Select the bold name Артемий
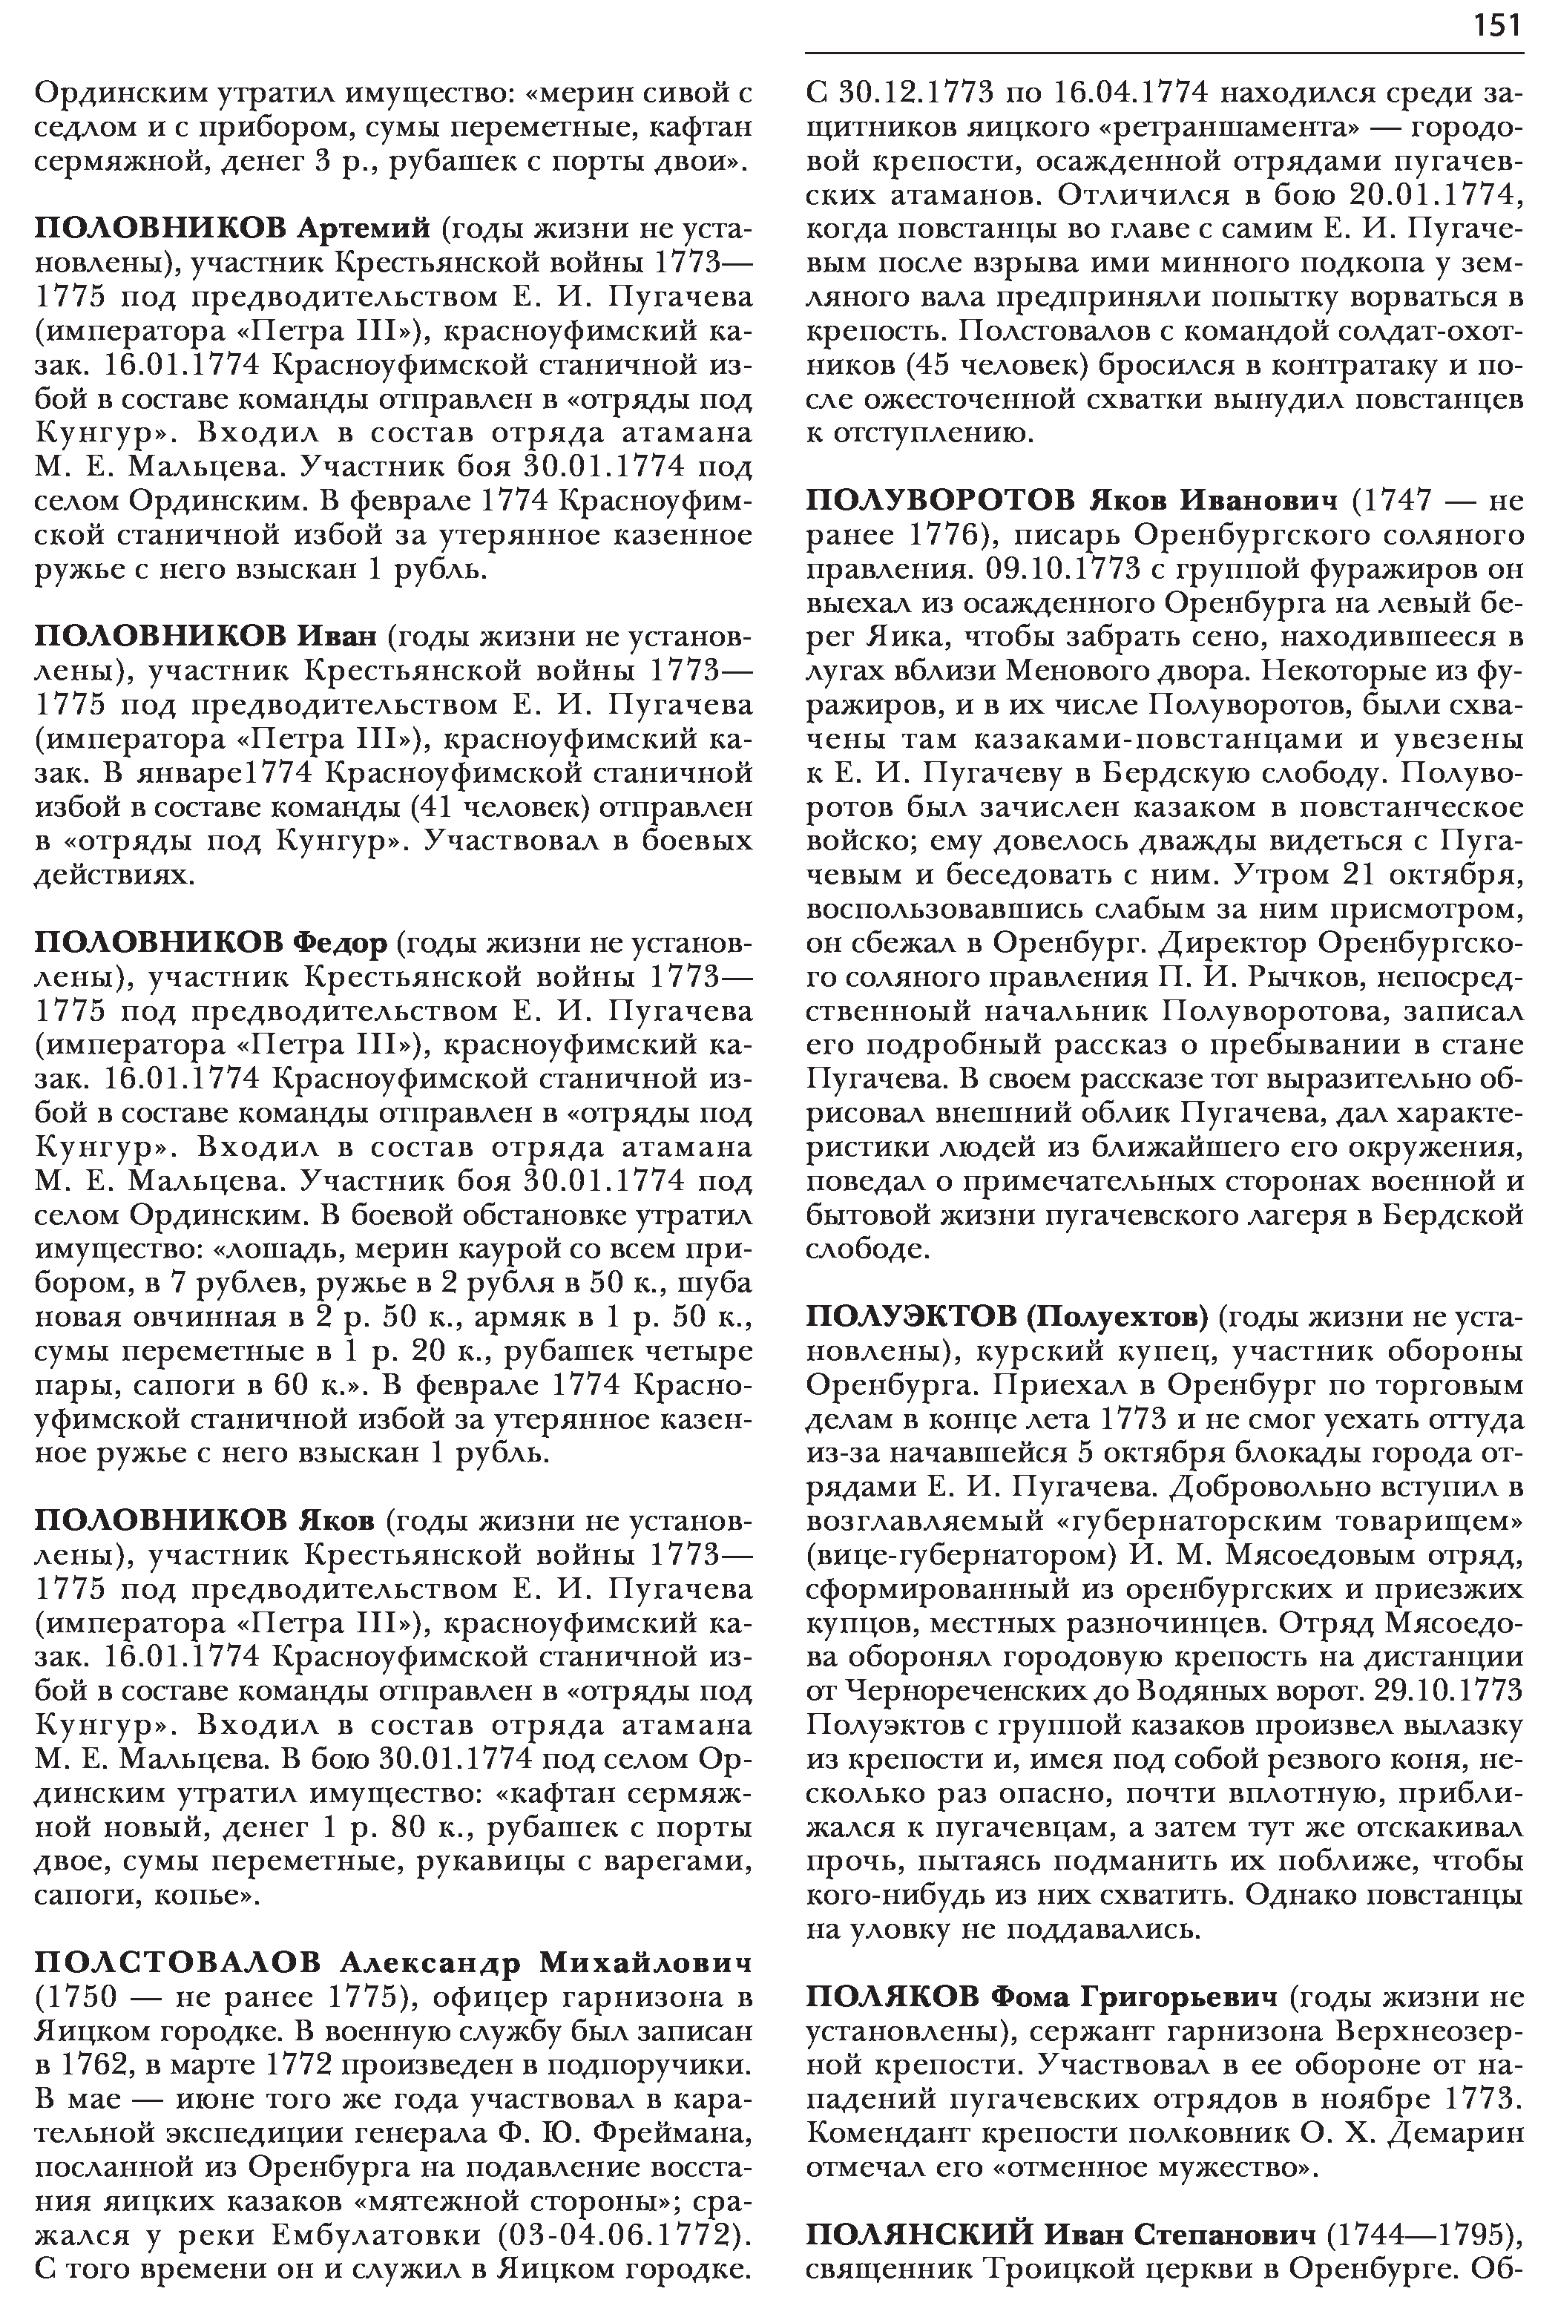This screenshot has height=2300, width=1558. pyautogui.click(x=364, y=229)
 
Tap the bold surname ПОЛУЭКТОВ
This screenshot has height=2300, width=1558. pyautogui.click(x=910, y=1317)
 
